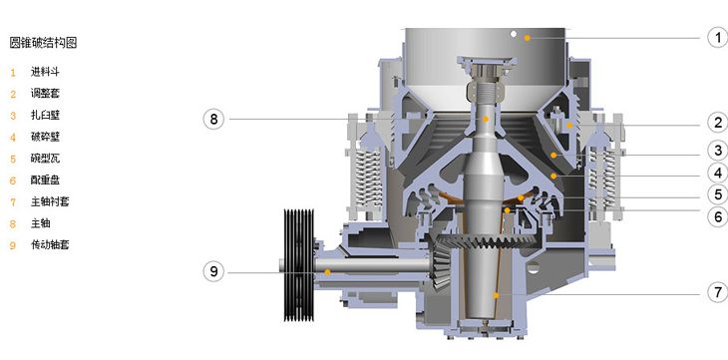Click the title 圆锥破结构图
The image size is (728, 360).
pos(43,43)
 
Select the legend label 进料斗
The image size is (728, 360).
pos(45,72)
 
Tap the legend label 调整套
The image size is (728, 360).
pos(45,94)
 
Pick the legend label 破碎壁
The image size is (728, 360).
pos(45,137)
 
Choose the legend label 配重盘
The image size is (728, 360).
pos(45,180)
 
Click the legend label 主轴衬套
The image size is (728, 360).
pos(50,201)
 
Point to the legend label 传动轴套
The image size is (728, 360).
pos(50,244)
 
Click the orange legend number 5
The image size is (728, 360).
pos(13,159)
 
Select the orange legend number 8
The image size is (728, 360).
pos(13,224)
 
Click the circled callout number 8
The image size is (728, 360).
pos(213,119)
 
